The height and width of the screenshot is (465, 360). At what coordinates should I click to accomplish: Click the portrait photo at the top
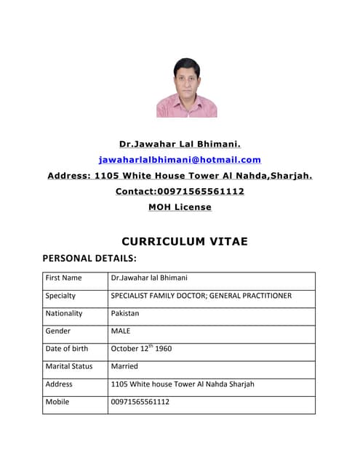186,88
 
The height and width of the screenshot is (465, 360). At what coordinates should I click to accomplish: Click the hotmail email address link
180,160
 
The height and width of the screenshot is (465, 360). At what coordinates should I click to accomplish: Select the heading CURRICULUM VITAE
185,241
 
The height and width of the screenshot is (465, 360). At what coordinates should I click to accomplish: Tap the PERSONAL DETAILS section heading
89,258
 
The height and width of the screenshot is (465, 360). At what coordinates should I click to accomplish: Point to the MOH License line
180,207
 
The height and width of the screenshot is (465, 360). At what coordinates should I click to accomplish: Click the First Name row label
63,278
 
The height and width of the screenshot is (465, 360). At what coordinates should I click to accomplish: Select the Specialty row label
60,296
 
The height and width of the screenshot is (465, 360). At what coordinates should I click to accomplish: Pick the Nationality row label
64,313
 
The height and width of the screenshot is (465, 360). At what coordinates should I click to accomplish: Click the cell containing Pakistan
124,313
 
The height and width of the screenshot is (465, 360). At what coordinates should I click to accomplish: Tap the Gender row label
58,331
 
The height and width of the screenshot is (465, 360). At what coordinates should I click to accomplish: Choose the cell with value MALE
120,331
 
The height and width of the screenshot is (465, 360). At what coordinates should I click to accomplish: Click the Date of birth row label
66,349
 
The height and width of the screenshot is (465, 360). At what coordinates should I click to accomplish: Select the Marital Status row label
69,366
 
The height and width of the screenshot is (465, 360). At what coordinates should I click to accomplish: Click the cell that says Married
124,366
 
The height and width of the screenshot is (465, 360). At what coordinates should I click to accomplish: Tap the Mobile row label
57,401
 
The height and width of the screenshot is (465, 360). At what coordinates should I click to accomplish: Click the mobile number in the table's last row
140,401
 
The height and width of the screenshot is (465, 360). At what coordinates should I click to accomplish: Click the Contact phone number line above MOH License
180,191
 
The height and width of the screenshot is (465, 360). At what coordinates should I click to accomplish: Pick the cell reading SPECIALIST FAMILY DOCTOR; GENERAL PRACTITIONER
201,296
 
